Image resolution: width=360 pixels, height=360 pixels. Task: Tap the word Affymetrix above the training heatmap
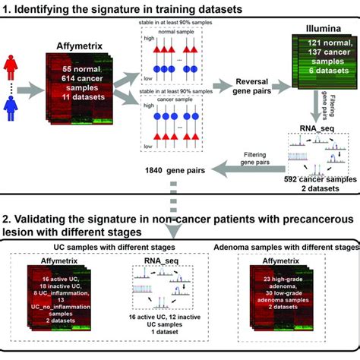point(76,47)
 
